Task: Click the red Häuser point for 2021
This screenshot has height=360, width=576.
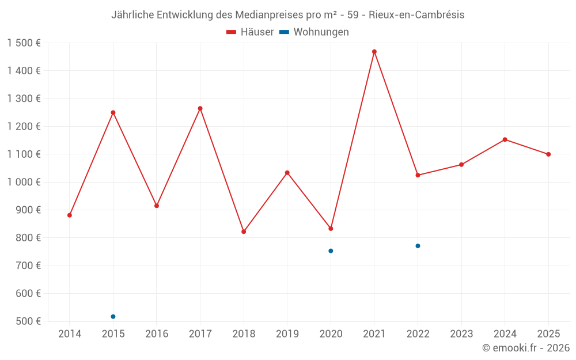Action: point(374,52)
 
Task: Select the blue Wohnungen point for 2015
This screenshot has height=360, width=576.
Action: point(113,316)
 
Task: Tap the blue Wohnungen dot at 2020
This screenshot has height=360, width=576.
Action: point(331,251)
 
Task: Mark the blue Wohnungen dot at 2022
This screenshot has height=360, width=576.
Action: point(418,246)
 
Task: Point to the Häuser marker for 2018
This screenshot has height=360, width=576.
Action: point(244,232)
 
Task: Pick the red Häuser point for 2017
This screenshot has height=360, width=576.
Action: point(200,108)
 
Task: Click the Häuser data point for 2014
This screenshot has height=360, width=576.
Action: point(70,215)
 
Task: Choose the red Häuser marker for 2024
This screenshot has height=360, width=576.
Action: point(505,139)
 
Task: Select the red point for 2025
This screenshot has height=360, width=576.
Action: point(548,154)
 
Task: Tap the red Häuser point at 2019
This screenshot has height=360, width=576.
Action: point(287,173)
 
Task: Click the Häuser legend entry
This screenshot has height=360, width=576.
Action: point(250,32)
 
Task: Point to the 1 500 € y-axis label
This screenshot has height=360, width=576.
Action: point(24,43)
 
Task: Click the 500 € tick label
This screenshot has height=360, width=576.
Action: point(29,321)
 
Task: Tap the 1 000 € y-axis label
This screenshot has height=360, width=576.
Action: point(24,182)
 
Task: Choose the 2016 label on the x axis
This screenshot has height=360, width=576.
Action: point(157,334)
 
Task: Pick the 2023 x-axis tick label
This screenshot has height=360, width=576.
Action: point(461,334)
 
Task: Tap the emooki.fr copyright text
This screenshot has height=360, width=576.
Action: point(526,348)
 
